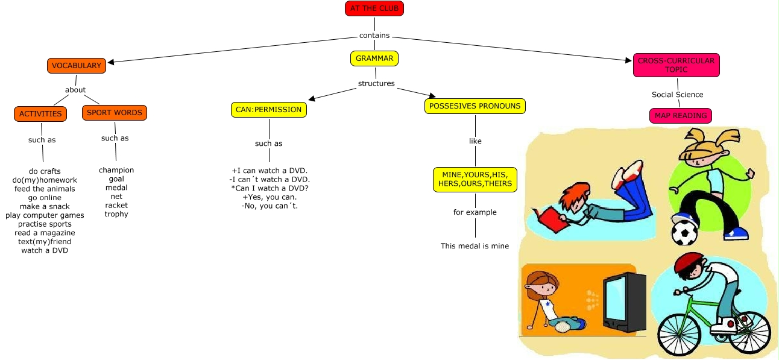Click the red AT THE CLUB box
point(374,8)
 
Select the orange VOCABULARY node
point(76,66)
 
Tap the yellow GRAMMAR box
point(374,58)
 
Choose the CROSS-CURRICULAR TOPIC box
point(676,65)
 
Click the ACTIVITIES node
point(40,113)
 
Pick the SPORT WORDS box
point(115,112)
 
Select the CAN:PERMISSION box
point(268,110)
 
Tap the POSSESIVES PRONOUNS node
point(475,106)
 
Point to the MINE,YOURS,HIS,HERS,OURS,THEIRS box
point(475,179)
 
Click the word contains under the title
point(374,36)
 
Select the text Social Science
point(677,95)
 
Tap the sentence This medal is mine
point(475,246)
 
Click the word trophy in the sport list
point(116,214)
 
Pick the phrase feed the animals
point(45,189)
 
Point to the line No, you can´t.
point(270,206)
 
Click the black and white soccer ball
point(684,233)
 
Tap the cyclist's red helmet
point(690,263)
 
